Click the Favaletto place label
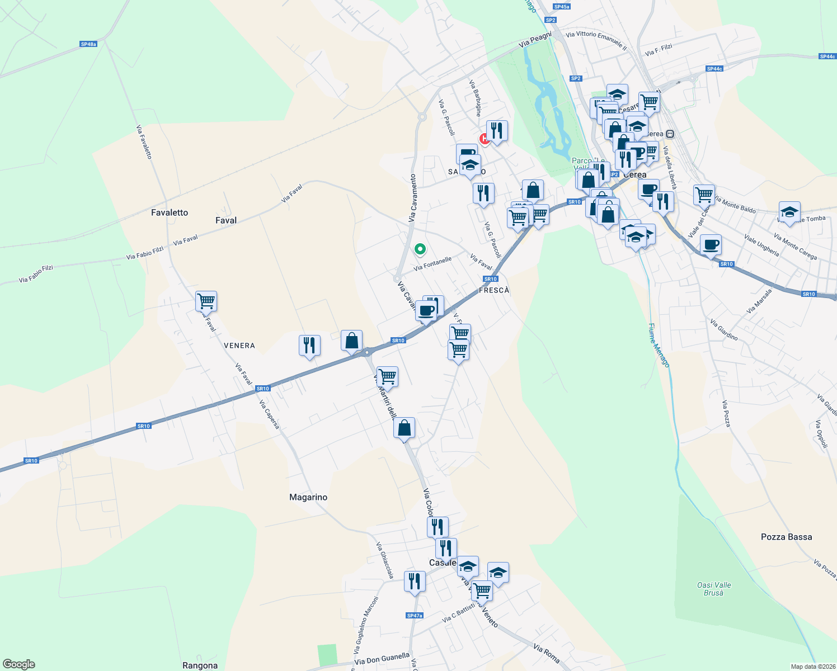point(170,212)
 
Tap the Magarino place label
point(308,497)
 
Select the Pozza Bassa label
point(786,537)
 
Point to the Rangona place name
point(200,665)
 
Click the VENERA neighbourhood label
point(239,346)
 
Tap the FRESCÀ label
point(494,290)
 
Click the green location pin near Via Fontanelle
point(420,249)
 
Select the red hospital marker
point(485,139)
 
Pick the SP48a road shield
point(88,44)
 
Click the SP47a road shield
point(415,616)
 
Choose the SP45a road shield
point(561,7)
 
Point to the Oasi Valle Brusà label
point(714,589)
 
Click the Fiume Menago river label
point(659,345)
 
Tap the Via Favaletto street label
point(144,142)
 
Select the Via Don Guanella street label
point(382,660)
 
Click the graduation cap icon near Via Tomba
point(789,212)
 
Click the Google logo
point(19,664)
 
